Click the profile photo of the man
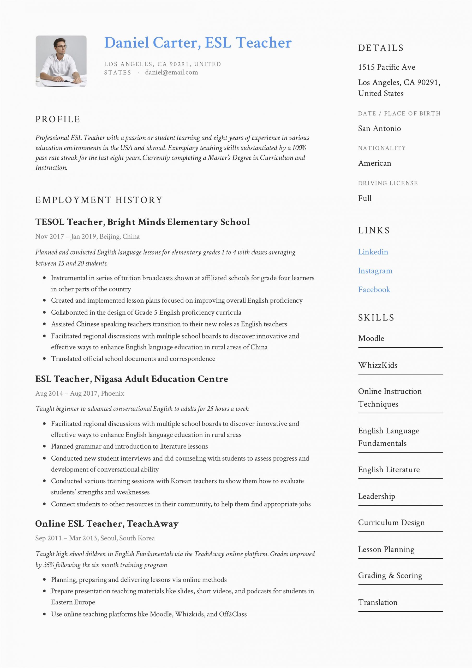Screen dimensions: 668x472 (61, 61)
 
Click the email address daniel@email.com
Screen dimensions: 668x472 (171, 73)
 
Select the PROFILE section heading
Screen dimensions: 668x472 (58, 119)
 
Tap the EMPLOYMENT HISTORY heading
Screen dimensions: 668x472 (99, 200)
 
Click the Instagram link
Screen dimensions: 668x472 (375, 271)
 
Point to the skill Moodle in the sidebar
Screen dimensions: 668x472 (371, 338)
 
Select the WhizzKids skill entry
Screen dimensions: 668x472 (378, 365)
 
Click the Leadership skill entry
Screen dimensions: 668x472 (377, 496)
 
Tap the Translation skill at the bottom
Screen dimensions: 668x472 (378, 602)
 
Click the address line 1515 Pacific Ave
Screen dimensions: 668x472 (386, 67)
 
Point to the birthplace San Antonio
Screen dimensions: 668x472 (379, 128)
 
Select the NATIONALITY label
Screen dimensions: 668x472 (382, 148)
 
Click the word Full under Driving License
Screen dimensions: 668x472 (365, 198)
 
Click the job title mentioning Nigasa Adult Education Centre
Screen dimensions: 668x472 (132, 379)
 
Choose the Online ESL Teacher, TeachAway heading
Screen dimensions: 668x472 (106, 524)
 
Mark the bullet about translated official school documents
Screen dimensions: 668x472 (133, 359)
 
